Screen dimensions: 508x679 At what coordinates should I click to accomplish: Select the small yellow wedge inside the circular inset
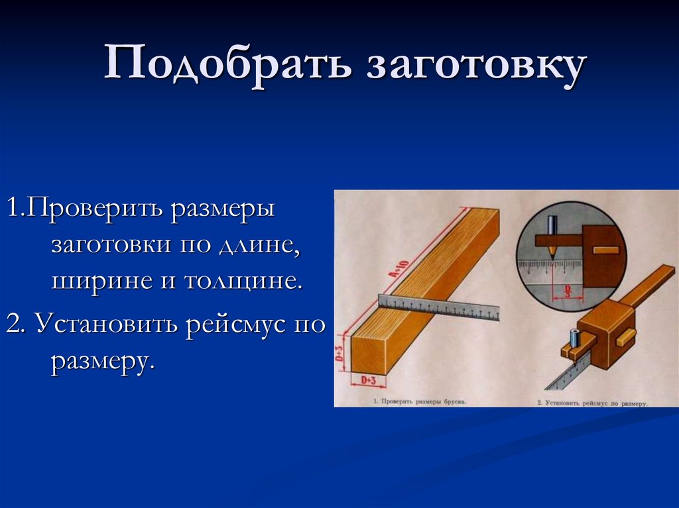(605, 250)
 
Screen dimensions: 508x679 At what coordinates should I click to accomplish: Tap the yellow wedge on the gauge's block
(625, 337)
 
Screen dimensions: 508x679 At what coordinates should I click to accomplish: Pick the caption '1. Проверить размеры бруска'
(418, 401)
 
